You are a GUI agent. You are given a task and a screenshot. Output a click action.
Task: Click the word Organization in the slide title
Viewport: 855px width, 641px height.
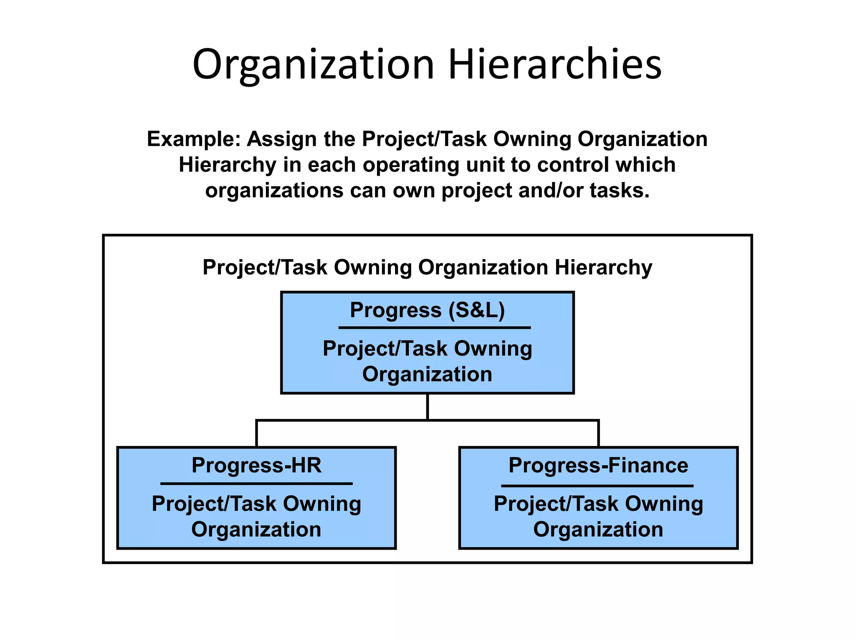pyautogui.click(x=313, y=65)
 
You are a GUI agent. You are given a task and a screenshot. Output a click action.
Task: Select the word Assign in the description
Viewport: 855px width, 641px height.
pyautogui.click(x=281, y=139)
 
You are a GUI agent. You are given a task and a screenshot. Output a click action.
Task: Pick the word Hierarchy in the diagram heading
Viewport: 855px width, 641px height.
pyautogui.click(x=603, y=267)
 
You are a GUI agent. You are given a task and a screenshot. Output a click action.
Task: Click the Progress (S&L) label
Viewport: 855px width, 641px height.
pyautogui.click(x=427, y=310)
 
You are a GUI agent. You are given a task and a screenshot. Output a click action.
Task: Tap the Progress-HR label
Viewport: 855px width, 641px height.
pyautogui.click(x=256, y=465)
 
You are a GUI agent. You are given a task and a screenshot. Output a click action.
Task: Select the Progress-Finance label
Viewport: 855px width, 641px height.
pyautogui.click(x=598, y=465)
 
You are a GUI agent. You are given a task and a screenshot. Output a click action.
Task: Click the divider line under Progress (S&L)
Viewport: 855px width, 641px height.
pyautogui.click(x=434, y=328)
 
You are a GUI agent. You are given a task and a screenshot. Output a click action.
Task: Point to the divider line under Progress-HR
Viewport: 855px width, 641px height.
pyautogui.click(x=256, y=484)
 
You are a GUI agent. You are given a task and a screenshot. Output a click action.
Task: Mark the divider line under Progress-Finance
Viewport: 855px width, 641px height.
pyautogui.click(x=597, y=486)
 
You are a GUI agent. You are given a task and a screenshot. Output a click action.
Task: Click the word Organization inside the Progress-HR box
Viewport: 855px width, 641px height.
pyautogui.click(x=256, y=530)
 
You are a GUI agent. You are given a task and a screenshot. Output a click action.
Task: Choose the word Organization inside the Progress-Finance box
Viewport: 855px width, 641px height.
pyautogui.click(x=598, y=530)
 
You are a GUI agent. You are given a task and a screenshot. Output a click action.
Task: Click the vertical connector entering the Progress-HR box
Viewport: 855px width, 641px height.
pyautogui.click(x=256, y=434)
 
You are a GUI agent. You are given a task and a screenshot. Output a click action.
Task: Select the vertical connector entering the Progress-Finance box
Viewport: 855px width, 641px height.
pyautogui.click(x=598, y=434)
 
